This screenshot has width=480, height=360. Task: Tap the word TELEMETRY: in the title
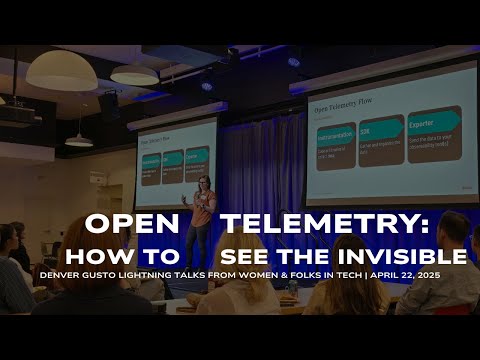click(291, 222)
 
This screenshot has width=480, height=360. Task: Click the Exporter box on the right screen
click(433, 133)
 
